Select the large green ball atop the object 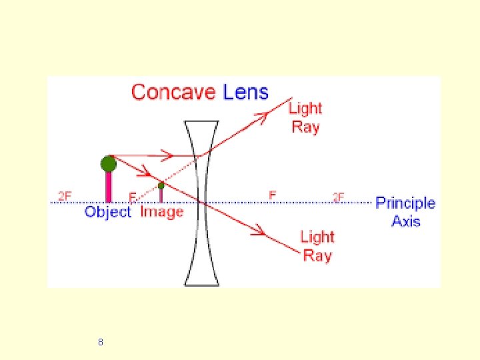108,163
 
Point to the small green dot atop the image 161,185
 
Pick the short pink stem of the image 161,195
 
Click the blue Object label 108,213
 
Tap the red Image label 161,212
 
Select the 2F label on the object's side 65,196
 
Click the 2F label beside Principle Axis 339,197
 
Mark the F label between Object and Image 133,197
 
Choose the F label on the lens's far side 272,195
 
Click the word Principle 405,203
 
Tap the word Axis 405,221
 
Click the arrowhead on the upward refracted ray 261,117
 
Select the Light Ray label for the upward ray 305,117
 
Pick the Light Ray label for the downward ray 317,245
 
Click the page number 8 100,342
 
